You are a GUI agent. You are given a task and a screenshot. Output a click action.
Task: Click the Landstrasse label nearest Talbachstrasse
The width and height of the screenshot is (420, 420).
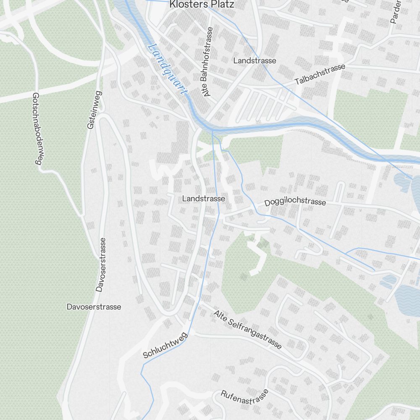(255, 60)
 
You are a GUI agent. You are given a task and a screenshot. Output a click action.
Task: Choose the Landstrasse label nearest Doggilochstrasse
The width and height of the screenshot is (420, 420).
(204, 198)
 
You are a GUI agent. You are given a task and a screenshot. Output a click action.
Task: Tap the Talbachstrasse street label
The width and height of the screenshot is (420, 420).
(320, 74)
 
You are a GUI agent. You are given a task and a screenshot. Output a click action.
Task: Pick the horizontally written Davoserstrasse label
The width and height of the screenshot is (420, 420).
(94, 307)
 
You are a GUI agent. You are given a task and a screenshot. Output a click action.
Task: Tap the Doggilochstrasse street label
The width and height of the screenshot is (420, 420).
(295, 202)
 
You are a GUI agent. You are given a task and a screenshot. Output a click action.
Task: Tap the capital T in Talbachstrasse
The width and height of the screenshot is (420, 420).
(297, 82)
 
